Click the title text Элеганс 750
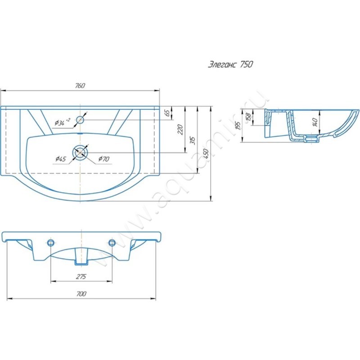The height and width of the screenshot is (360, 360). [x=230, y=64]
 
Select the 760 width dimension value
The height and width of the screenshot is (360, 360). [x=80, y=85]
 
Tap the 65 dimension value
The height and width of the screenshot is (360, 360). [x=168, y=113]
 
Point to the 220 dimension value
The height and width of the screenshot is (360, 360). [x=180, y=130]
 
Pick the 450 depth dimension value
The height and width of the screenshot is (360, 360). [x=206, y=154]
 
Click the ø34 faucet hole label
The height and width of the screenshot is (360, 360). [x=63, y=122]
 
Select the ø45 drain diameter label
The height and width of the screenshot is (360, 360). [x=61, y=159]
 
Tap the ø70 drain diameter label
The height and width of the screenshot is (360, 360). [x=104, y=159]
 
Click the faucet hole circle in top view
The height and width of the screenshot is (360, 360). [x=80, y=120]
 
